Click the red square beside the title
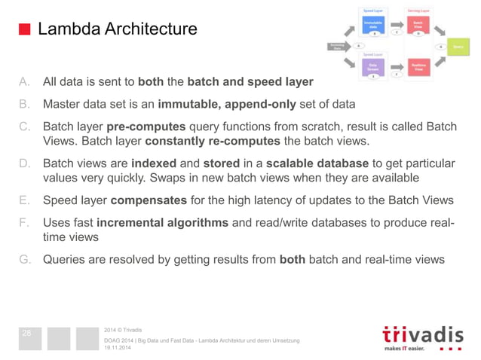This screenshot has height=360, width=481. pos(24,29)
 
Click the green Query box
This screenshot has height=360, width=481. pos(458,47)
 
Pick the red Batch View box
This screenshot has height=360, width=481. pos(418,25)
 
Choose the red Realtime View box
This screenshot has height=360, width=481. pos(418,69)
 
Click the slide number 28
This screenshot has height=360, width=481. pos(26,333)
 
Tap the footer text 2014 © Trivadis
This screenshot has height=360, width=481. pos(121,329)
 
